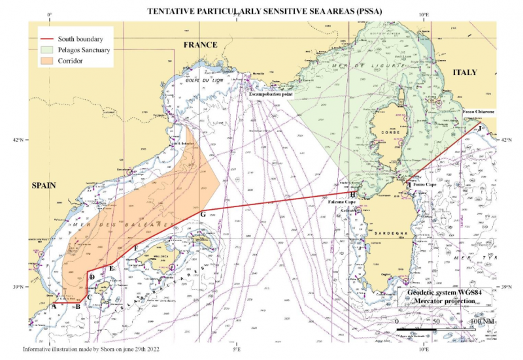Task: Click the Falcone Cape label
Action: [x=341, y=203]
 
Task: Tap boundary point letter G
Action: [x=203, y=214]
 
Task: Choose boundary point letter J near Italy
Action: [x=481, y=129]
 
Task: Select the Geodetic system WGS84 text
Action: [x=445, y=293]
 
